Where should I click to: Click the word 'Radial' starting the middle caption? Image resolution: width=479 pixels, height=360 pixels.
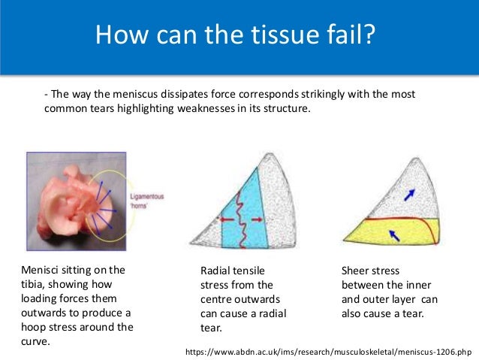217,271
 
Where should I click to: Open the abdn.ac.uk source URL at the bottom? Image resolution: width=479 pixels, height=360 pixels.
328,351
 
